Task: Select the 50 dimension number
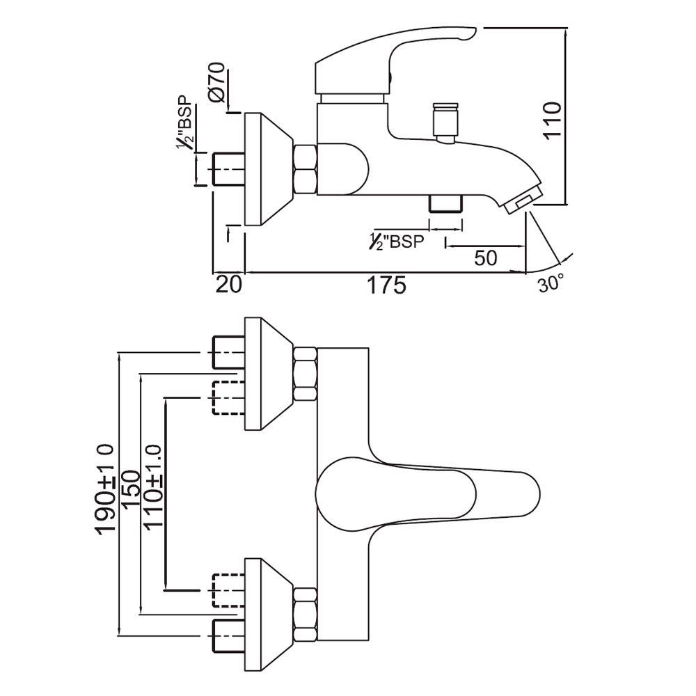pos(485,258)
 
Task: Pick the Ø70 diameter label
pos(216,83)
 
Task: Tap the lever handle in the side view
pos(390,56)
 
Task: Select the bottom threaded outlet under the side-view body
pos(445,204)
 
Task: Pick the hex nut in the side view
pos(306,169)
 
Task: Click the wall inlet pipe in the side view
pos(227,169)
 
